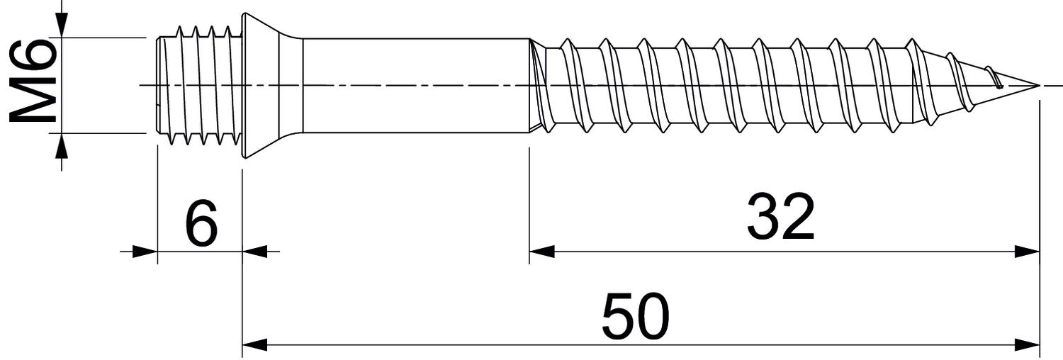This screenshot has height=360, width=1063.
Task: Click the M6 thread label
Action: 32,81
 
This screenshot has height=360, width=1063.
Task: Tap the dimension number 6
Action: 201,223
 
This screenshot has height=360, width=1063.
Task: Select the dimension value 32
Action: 781,216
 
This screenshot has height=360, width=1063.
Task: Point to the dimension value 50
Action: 635,316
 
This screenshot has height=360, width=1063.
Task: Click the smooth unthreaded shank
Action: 416,86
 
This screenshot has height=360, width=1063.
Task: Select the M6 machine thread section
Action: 199,86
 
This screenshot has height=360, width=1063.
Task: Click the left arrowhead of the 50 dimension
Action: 254,345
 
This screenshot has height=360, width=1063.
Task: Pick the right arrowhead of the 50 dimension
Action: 1027,345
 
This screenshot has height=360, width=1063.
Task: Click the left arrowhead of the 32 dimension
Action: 541,252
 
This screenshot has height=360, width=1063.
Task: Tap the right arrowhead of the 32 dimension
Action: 1027,252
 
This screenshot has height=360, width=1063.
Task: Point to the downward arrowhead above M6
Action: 61,24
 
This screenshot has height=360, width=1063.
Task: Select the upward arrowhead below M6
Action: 61,146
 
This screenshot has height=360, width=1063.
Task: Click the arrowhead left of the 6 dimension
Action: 145,252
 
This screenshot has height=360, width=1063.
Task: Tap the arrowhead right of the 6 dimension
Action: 255,252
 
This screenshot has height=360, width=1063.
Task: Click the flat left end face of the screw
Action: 157,86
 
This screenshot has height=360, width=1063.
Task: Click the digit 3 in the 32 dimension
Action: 763,216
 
